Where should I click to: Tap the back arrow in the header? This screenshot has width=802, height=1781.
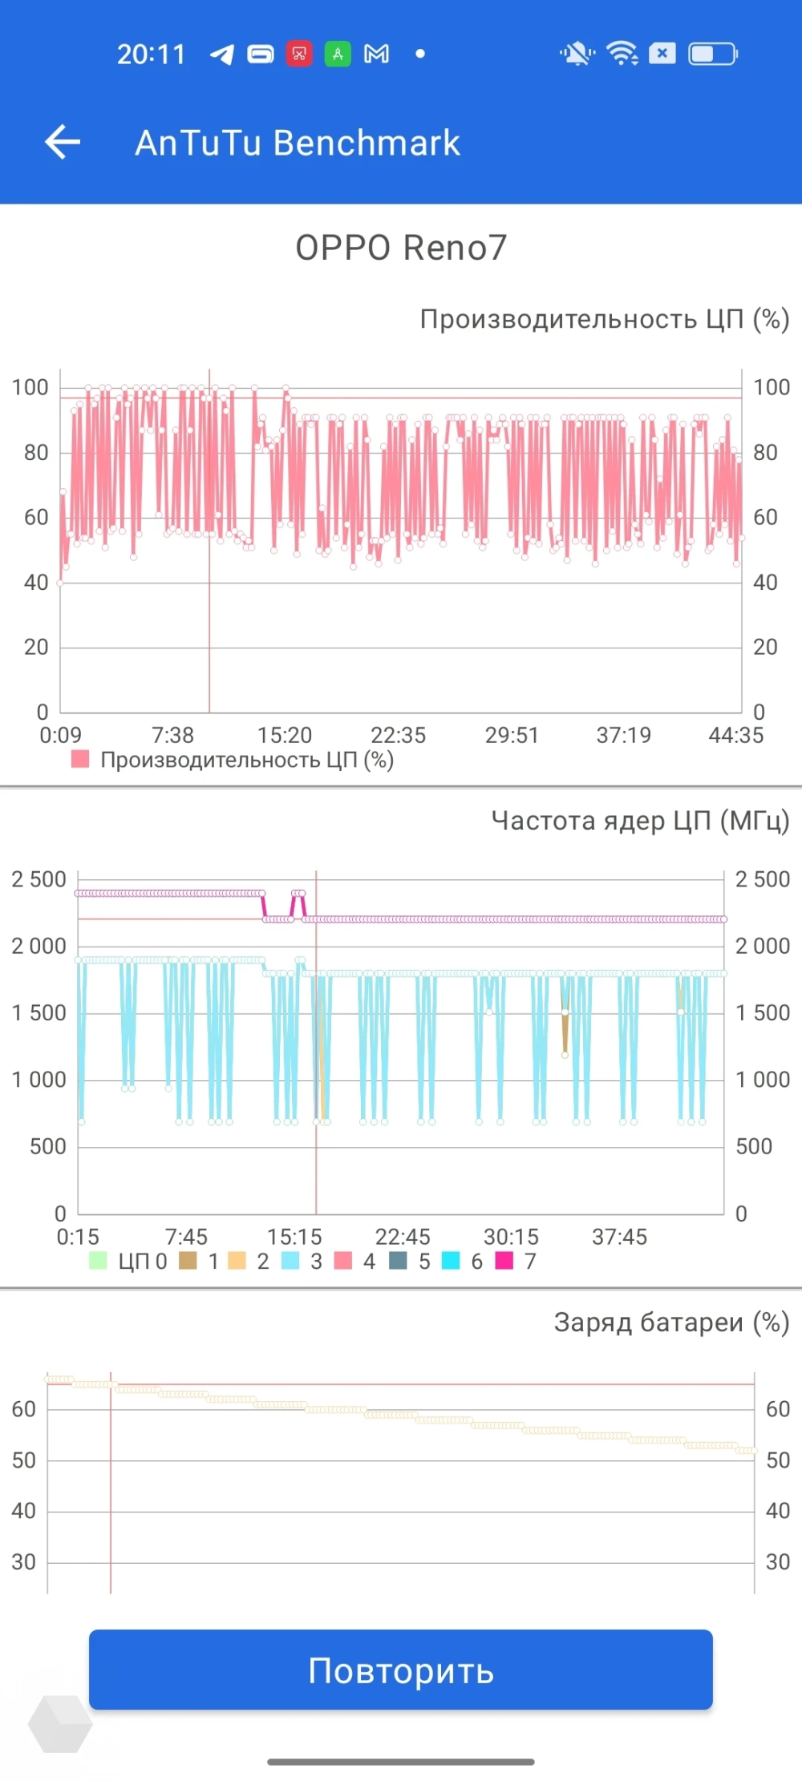63,143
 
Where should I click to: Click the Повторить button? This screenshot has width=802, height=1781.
401,1670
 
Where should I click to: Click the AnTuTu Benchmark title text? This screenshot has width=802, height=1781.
297,143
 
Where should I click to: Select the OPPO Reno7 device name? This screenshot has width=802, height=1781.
401,248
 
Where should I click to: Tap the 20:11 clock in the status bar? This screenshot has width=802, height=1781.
151,55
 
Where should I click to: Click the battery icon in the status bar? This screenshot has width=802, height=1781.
713,54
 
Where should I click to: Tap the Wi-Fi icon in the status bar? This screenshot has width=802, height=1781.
622,54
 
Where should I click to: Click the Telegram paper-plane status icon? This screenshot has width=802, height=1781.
221,55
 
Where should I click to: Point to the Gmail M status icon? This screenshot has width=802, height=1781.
376,54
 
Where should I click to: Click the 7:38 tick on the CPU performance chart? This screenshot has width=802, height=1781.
172,735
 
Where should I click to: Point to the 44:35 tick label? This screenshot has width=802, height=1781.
735,735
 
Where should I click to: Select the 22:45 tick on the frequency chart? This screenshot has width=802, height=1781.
403,1237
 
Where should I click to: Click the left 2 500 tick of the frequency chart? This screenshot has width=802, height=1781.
39,879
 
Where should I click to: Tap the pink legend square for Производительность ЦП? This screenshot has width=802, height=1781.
80,759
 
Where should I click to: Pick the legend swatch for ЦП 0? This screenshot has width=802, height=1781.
98,1261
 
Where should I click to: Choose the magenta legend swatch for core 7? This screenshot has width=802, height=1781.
504,1261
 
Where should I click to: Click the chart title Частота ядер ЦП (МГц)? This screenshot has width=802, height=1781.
640,821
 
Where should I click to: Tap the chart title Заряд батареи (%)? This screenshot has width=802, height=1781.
671,1323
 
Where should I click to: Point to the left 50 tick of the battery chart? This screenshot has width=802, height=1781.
24,1460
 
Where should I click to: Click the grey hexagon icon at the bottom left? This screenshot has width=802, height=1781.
60,1723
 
